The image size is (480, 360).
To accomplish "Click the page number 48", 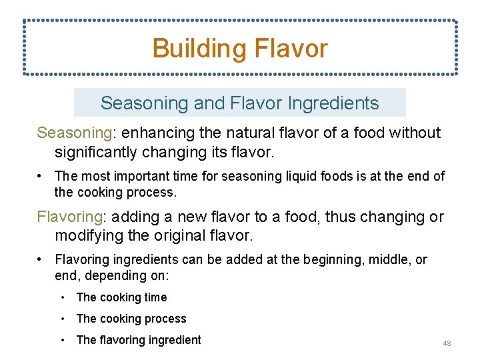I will [x=447, y=343].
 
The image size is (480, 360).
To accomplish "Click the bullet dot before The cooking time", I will [x=62, y=297].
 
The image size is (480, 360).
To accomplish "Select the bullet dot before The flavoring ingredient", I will [x=62, y=340].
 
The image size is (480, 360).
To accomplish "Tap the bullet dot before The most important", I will [x=41, y=177].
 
